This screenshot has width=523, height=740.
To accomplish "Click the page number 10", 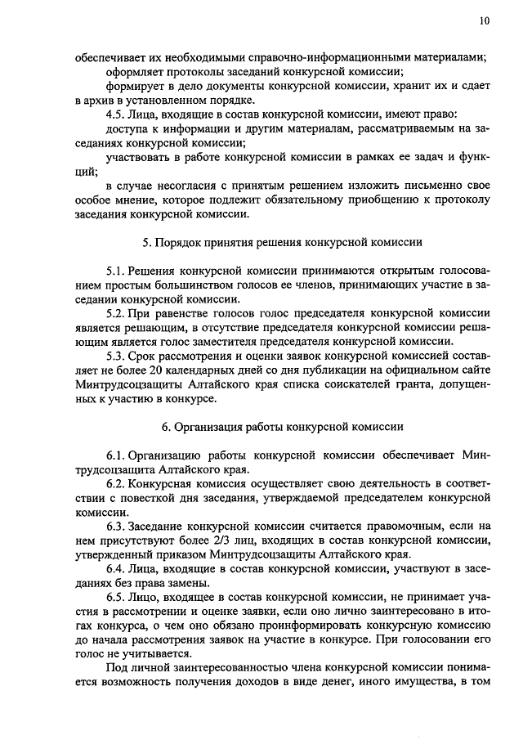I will coord(485,22).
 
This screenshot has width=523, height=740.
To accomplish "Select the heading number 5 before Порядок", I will coord(144,242).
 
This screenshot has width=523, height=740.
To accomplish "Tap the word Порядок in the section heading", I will coord(176,242).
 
